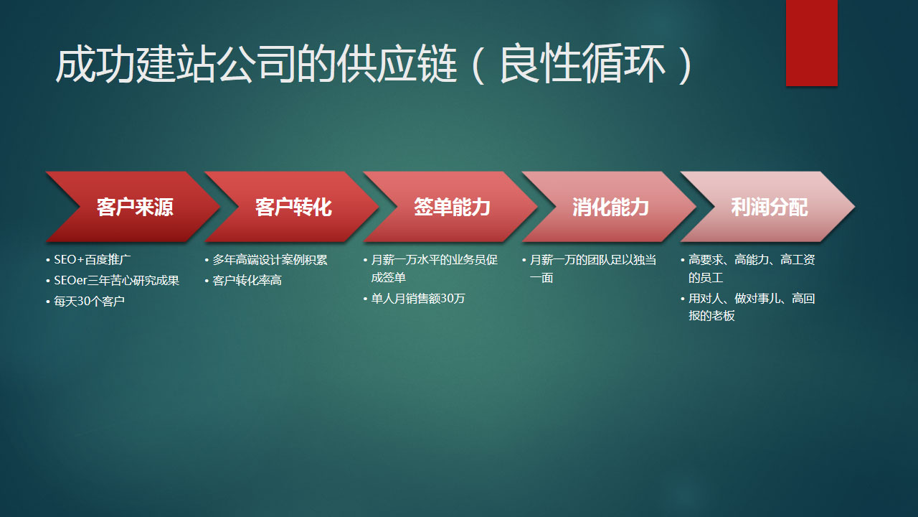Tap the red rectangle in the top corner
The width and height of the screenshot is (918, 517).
pos(811,42)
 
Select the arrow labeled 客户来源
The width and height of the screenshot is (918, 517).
pos(134,208)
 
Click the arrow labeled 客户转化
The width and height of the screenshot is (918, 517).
pos(293,208)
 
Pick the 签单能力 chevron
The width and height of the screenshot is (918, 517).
pos(451,208)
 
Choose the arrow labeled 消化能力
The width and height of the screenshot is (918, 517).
pos(610,208)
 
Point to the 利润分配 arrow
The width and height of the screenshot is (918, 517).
pos(768,208)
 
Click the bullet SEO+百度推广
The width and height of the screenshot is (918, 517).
pos(92,259)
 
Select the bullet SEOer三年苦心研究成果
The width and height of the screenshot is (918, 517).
pos(116,280)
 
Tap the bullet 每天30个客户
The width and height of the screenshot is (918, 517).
pos(89,302)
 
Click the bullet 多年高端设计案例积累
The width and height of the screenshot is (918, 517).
pos(270,259)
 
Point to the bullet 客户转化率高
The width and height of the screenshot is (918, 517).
pos(247,280)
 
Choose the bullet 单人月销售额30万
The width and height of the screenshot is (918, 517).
pos(417,298)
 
